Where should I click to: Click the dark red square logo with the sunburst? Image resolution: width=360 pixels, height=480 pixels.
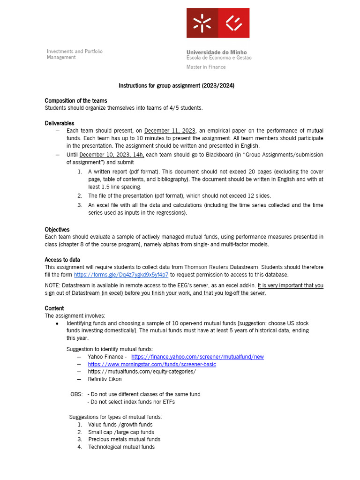(x=202, y=23)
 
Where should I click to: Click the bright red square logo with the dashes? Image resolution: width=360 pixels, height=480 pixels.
(x=233, y=23)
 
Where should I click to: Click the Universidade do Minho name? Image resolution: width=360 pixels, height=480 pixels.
(x=216, y=52)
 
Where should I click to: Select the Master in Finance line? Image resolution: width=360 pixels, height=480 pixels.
(x=206, y=67)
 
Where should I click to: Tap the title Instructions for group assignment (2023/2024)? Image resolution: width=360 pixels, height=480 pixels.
(x=176, y=86)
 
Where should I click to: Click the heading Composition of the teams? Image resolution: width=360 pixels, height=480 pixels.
(x=75, y=101)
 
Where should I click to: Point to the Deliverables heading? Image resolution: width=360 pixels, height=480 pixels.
(x=59, y=123)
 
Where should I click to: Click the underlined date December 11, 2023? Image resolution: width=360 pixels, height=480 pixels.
(x=170, y=131)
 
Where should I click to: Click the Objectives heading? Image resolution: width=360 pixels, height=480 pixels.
(x=57, y=230)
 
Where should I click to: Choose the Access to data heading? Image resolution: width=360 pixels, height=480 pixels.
(x=62, y=260)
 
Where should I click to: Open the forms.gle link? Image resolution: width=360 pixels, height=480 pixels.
(x=121, y=275)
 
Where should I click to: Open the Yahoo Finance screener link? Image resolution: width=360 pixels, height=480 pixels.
(x=197, y=357)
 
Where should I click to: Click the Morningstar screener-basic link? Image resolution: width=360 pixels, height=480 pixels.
(x=152, y=364)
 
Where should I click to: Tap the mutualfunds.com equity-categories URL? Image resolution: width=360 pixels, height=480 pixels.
(x=142, y=372)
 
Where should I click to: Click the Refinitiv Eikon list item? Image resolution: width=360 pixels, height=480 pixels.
(x=105, y=379)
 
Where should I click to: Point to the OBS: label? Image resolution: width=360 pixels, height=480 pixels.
(x=76, y=394)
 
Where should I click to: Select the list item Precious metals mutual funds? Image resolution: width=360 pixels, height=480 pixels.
(x=124, y=439)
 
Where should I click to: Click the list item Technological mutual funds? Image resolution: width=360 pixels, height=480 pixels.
(x=121, y=447)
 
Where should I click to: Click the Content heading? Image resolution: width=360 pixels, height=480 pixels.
(x=54, y=308)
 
